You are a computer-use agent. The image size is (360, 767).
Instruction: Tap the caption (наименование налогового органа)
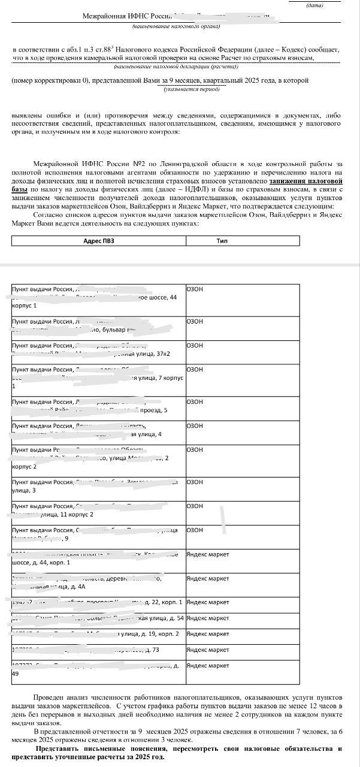[176, 28]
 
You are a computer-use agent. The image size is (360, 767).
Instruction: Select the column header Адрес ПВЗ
[98, 241]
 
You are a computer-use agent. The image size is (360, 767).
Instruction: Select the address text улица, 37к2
[153, 354]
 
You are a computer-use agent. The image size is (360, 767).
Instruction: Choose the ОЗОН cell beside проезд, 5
[195, 402]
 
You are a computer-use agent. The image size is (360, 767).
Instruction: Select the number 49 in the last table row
[16, 673]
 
